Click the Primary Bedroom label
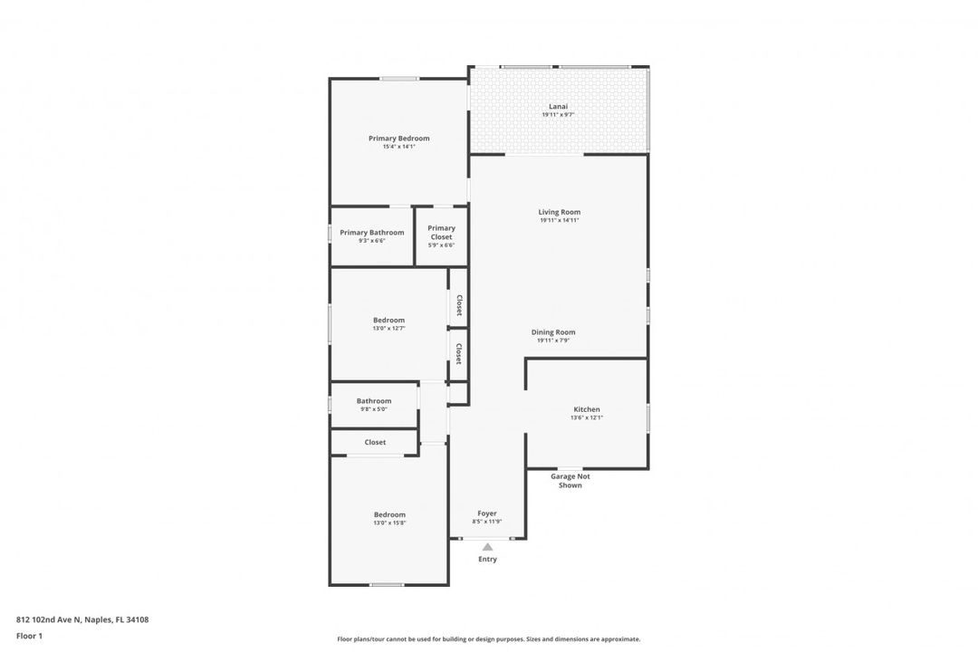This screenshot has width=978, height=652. [x=398, y=139]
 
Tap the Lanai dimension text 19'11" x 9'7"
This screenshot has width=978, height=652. [x=558, y=115]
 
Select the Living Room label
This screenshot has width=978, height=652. [x=559, y=212]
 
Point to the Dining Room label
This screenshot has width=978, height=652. [x=552, y=332]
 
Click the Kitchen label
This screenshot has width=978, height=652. [x=586, y=409]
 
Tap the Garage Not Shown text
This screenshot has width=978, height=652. [x=570, y=481]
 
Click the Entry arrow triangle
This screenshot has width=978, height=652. [x=487, y=546]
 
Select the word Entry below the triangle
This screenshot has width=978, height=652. [x=487, y=560]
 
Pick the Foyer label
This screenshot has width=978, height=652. [x=487, y=513]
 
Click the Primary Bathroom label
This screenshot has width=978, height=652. [x=371, y=233]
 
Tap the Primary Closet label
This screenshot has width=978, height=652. [x=441, y=233]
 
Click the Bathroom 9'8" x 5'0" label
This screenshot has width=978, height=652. [x=373, y=401]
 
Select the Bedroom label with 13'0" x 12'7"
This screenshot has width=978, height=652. [x=388, y=320]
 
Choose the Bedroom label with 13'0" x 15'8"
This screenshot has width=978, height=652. [x=389, y=514]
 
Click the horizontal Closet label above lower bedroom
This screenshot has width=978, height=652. [x=375, y=443]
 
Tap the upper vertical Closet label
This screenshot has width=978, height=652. [x=459, y=304]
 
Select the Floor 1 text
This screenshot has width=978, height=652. [x=29, y=637]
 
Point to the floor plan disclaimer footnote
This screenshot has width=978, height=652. [x=488, y=638]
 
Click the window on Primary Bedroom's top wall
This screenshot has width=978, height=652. [x=398, y=79]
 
